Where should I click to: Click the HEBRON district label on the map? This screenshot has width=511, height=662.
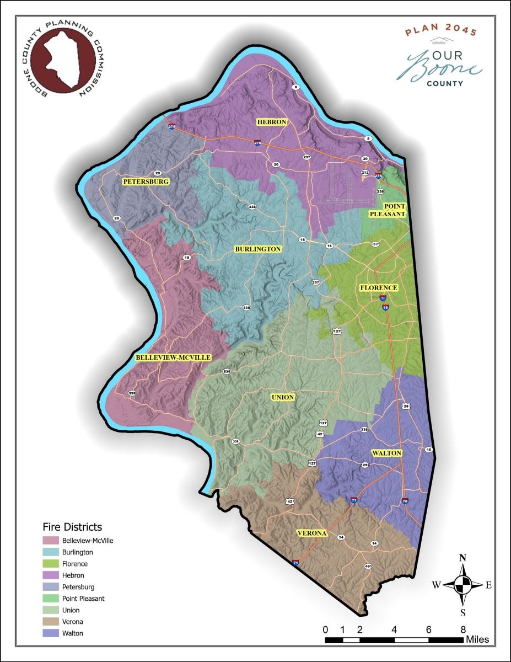tap(270, 122)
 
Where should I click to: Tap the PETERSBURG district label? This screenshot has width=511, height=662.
tap(146, 181)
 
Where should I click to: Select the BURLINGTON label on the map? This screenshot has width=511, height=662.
tap(259, 249)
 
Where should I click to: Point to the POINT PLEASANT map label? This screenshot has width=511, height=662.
tap(395, 210)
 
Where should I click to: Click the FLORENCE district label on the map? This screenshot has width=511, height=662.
tap(378, 288)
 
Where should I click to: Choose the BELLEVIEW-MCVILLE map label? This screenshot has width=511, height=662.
tap(173, 357)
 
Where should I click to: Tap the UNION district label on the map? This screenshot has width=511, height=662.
tap(283, 397)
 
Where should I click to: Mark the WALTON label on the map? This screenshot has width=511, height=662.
tap(386, 453)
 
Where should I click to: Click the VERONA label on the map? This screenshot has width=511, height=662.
tap(312, 533)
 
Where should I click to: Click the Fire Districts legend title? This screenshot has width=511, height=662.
tap(72, 527)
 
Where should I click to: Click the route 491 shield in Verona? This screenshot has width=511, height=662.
tap(368, 567)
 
